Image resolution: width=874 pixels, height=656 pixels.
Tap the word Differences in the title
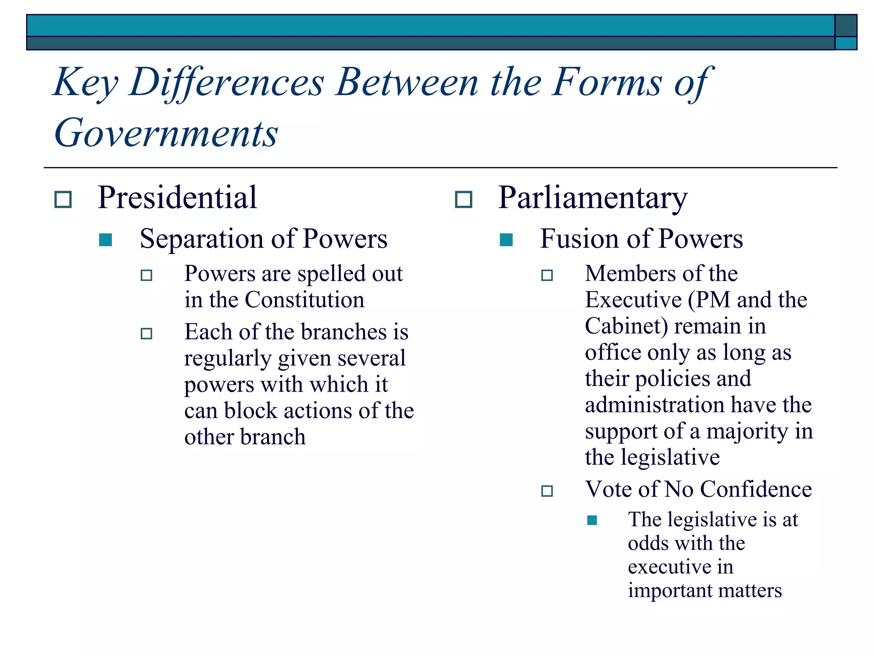(227, 82)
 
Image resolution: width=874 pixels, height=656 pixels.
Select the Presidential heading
(177, 198)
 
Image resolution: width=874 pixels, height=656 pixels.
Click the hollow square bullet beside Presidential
(63, 199)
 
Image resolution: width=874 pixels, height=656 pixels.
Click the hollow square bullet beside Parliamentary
(463, 199)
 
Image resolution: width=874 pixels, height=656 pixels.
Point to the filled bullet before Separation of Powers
(105, 240)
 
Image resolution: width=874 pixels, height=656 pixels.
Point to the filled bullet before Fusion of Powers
(506, 240)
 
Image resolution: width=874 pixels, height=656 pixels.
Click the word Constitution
(304, 300)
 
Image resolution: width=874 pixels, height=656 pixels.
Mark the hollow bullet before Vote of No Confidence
(547, 491)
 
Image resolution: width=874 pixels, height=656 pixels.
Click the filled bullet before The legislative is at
(592, 520)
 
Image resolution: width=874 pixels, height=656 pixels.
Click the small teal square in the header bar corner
(845, 43)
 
